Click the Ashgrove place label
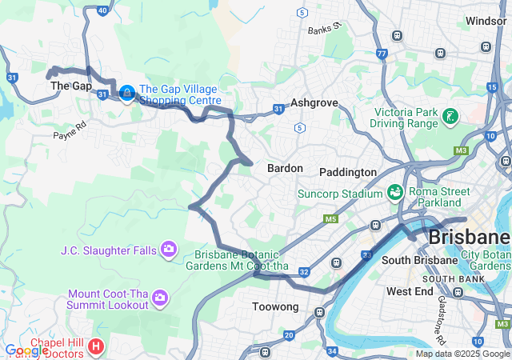[314, 103]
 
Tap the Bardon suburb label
[285, 168]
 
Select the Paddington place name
[347, 172]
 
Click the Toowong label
[275, 306]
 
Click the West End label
[410, 291]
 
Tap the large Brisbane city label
[470, 238]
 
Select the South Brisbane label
[412, 261]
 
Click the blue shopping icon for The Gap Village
[126, 94]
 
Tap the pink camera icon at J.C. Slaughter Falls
[169, 250]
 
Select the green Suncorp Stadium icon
[394, 193]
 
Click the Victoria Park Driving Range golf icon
[450, 118]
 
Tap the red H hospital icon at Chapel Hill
[96, 346]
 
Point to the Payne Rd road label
[70, 130]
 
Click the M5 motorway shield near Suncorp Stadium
[330, 218]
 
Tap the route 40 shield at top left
[102, 10]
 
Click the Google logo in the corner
[26, 350]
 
